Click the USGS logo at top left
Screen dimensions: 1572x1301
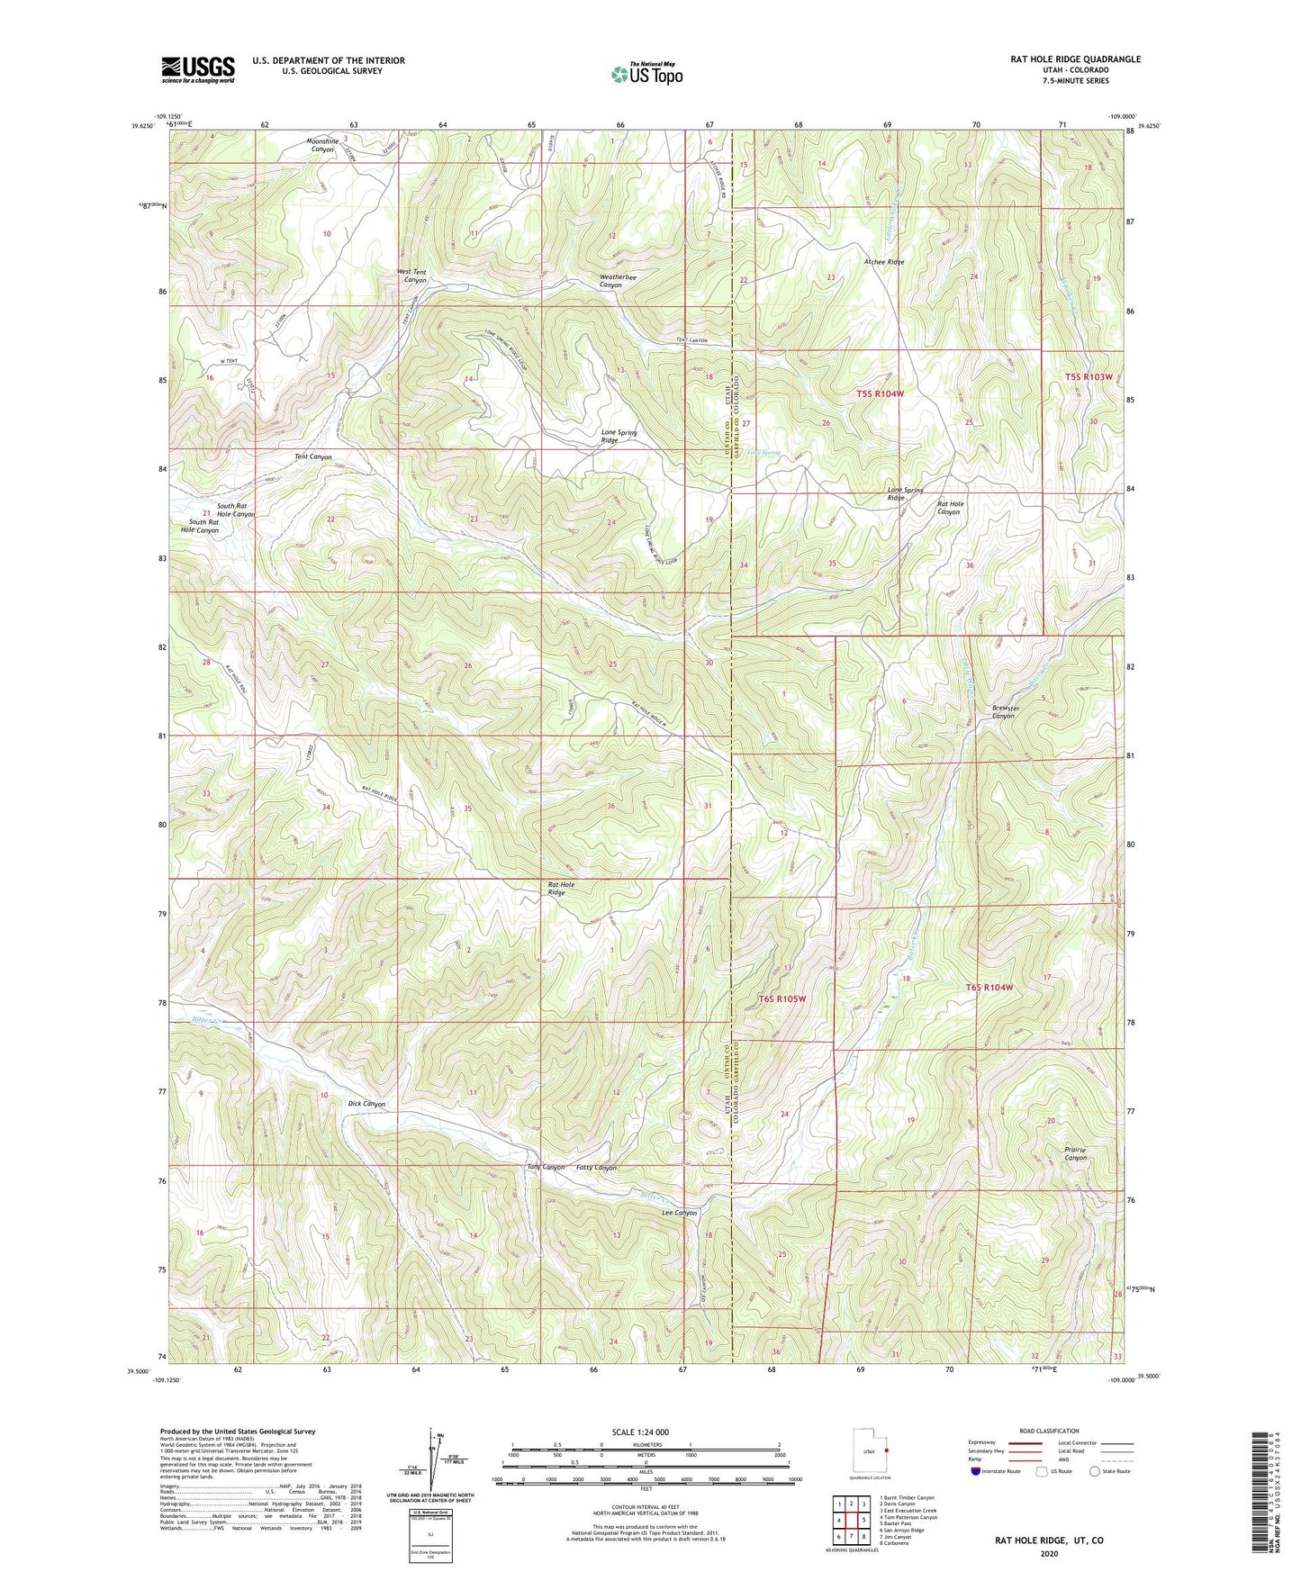click(198, 69)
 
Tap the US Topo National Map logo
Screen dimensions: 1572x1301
click(646, 74)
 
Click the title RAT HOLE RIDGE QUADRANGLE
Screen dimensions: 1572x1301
click(1075, 59)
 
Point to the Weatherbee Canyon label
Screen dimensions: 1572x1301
click(618, 281)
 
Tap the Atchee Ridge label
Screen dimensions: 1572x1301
click(883, 262)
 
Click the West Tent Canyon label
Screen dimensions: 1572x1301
click(413, 276)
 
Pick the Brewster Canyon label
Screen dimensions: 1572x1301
click(1005, 711)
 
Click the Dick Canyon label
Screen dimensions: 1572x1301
click(366, 1104)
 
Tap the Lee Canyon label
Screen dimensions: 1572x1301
click(679, 1213)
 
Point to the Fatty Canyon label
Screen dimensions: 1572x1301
click(596, 1168)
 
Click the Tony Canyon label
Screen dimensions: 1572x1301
click(546, 1168)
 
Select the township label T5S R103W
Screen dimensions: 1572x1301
click(1089, 376)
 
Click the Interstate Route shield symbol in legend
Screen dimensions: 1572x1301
click(977, 1471)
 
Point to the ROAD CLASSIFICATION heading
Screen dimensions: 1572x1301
click(1050, 1431)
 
